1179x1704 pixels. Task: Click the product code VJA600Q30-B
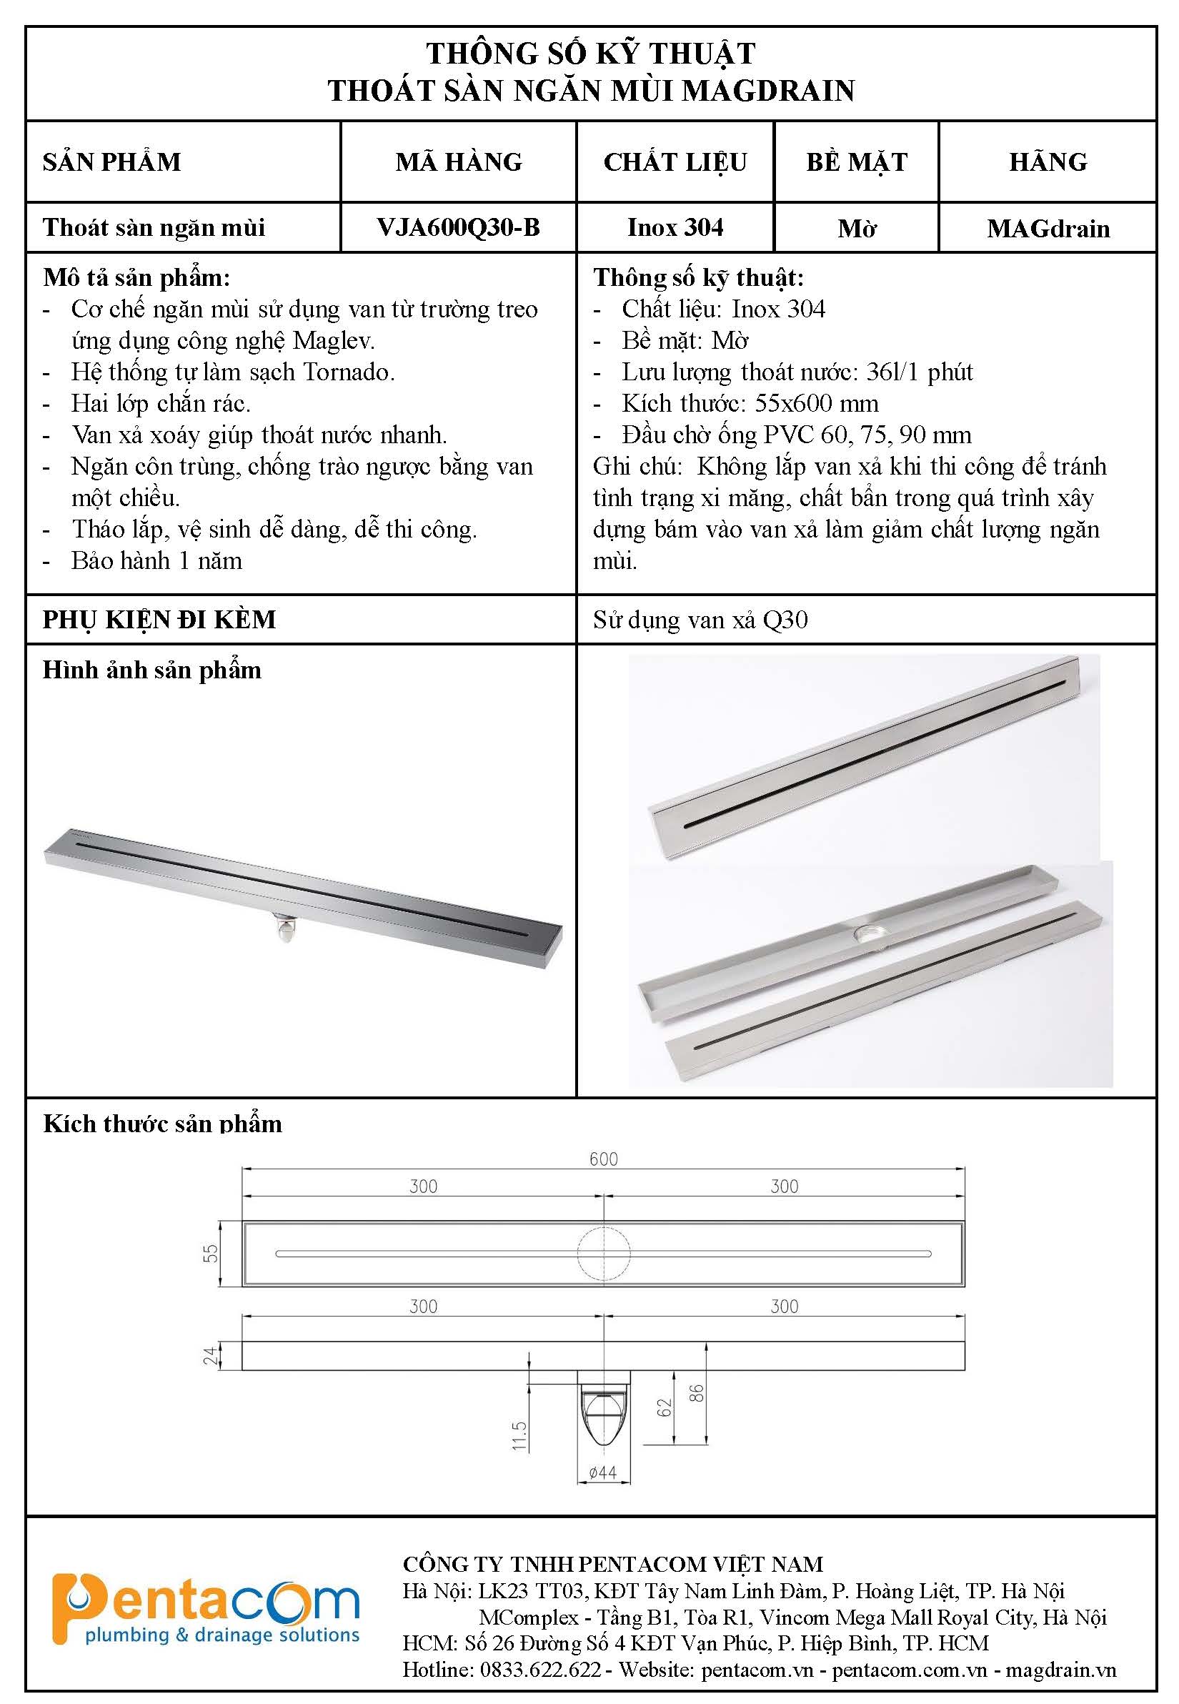pos(458,227)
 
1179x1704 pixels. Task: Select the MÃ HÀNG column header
pos(458,162)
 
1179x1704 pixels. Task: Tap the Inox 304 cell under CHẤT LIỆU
pos(675,227)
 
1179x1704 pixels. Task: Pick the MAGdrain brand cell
pos(1048,228)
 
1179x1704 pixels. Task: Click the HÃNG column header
pos(1048,162)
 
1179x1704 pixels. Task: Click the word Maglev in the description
pos(334,341)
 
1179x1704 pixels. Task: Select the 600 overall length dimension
pos(604,1159)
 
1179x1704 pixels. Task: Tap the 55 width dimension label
pos(212,1254)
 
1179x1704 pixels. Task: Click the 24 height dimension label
pos(212,1355)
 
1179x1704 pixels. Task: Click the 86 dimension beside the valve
pos(696,1393)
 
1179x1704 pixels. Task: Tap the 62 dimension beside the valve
pos(665,1407)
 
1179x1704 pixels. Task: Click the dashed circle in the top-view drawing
pos(605,1254)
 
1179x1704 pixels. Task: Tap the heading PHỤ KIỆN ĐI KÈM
pos(159,619)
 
